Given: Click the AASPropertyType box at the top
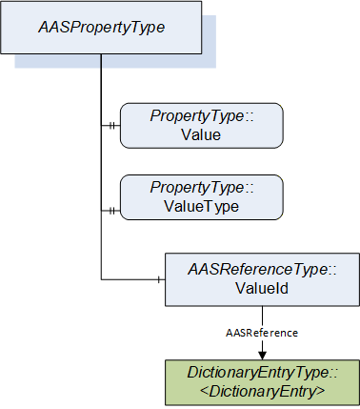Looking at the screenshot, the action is (x=101, y=28).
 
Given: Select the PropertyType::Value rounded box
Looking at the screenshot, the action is (x=202, y=126).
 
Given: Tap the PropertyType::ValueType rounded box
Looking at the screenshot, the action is (x=202, y=197).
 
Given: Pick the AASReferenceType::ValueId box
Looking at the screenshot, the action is (x=262, y=279).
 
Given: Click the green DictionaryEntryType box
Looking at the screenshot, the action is (x=262, y=382).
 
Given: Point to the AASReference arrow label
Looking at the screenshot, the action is (x=262, y=333).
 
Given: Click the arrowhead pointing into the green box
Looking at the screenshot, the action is (x=262, y=356).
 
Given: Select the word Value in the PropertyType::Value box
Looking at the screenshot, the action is (x=201, y=134).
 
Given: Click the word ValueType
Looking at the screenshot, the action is (x=202, y=207).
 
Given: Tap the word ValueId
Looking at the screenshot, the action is (x=262, y=288).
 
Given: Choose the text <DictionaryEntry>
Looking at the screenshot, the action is (x=262, y=392).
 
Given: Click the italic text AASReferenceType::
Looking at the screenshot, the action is (x=262, y=270).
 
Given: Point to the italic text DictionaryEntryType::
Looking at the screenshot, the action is (x=262, y=373).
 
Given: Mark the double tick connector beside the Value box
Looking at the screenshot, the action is (x=111, y=126).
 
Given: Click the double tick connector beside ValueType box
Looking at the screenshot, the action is (x=111, y=211).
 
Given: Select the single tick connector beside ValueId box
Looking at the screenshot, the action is (x=159, y=279).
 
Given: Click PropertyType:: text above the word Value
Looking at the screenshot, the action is (x=202, y=116).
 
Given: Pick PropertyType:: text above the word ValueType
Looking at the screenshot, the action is (x=202, y=188).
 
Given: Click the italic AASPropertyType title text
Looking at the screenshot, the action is (x=102, y=28).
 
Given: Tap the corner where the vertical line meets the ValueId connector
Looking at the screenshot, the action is (x=101, y=279).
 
